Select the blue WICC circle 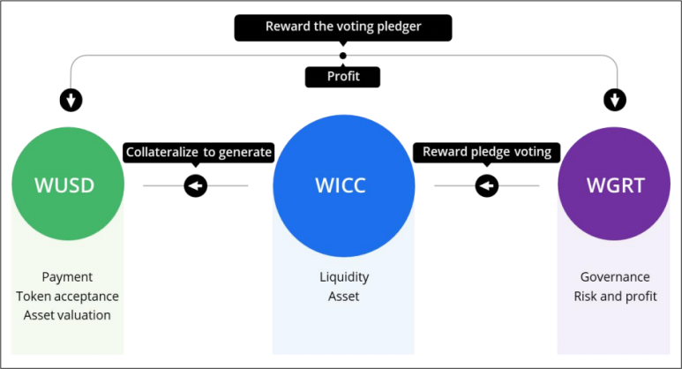point(343,185)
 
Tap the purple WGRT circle point(615,185)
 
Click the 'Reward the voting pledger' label point(343,26)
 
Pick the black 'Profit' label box point(343,77)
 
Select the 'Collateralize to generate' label point(199,152)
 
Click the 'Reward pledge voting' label point(487,152)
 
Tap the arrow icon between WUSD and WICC point(195,186)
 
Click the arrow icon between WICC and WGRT point(486,186)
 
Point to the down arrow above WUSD point(71,100)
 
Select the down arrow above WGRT point(616,100)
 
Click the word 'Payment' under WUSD point(67,277)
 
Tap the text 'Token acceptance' point(67,296)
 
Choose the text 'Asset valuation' point(67,314)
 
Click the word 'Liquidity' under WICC point(344,277)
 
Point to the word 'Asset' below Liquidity point(344,296)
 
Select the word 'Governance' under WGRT point(615,277)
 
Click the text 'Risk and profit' point(615,296)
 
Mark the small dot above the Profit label point(343,56)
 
